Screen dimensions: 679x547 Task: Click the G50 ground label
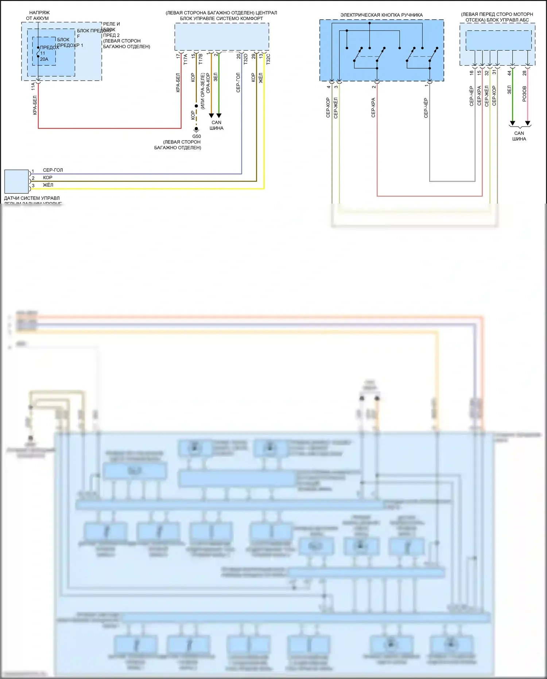click(x=197, y=136)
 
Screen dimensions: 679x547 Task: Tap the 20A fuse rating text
click(x=44, y=59)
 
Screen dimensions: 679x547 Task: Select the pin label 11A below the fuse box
click(x=33, y=86)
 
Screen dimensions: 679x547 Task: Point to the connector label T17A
click(x=185, y=59)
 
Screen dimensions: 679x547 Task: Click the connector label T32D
click(x=245, y=59)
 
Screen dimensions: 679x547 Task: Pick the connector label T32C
click(x=268, y=59)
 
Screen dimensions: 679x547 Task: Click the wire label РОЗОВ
click(x=524, y=94)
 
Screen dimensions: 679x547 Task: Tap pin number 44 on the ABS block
click(x=509, y=73)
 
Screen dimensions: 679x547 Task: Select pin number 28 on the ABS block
click(x=524, y=73)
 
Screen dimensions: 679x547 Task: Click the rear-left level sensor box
click(x=16, y=181)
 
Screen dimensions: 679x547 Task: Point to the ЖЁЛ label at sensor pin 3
click(x=48, y=185)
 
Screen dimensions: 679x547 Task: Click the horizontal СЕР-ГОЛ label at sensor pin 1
click(x=53, y=170)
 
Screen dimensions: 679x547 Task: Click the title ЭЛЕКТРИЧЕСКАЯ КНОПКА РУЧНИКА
click(x=381, y=15)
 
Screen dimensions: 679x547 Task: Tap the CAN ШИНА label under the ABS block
click(x=519, y=136)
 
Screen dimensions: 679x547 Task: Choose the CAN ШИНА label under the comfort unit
click(x=217, y=125)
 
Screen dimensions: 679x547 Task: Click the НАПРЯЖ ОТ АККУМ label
click(x=38, y=15)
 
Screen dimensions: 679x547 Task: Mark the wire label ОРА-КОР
click(x=208, y=83)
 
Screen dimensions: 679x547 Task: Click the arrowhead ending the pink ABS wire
click(x=527, y=123)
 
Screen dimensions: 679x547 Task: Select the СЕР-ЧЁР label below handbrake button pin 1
click(x=426, y=108)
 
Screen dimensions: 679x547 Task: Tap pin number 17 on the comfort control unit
click(x=178, y=56)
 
